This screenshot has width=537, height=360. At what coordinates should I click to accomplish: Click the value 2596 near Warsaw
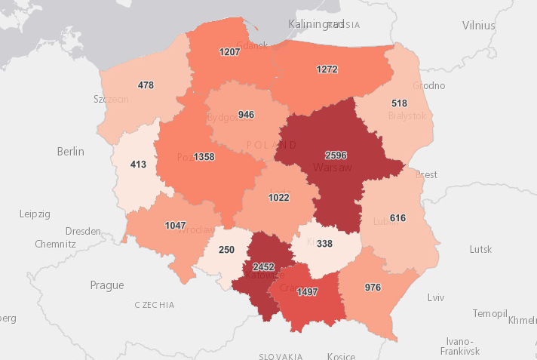click(x=334, y=155)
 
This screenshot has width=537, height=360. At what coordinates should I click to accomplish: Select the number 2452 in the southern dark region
click(x=263, y=266)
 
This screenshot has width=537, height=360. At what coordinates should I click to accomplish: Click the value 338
click(x=324, y=244)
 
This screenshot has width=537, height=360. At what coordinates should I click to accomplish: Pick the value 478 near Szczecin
click(x=146, y=85)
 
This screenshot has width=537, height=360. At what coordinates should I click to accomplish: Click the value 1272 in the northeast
click(x=327, y=69)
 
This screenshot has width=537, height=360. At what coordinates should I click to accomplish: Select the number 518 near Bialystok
click(x=399, y=103)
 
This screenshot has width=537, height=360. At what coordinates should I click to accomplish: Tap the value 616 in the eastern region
click(x=398, y=217)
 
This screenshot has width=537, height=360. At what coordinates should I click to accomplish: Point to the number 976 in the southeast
click(x=373, y=287)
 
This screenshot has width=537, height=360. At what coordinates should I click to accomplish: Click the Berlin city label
click(x=71, y=152)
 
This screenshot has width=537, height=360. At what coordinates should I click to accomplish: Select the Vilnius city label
click(x=479, y=25)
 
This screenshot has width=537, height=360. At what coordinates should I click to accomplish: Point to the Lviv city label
click(x=436, y=297)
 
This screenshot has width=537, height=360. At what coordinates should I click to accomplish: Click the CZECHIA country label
click(x=154, y=305)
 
